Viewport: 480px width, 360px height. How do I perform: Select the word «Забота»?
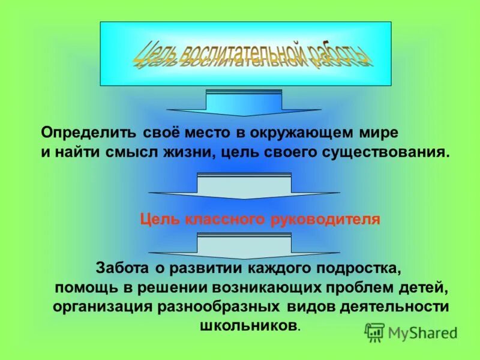124,266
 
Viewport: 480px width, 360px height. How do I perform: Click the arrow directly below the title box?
244,103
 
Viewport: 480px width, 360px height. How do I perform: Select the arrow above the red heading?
244,186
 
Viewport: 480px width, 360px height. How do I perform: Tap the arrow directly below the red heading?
244,246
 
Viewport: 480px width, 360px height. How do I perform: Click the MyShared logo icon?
374,332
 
